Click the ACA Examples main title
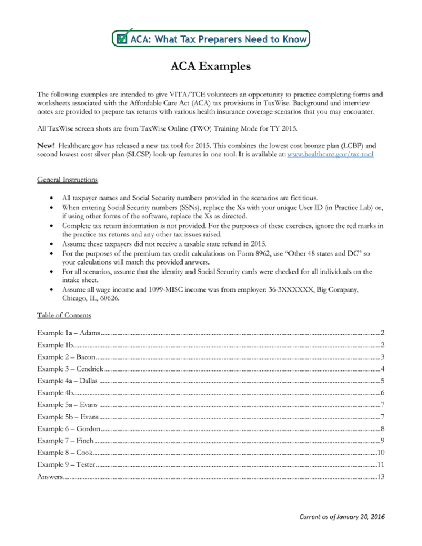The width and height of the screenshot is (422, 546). (x=211, y=67)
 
